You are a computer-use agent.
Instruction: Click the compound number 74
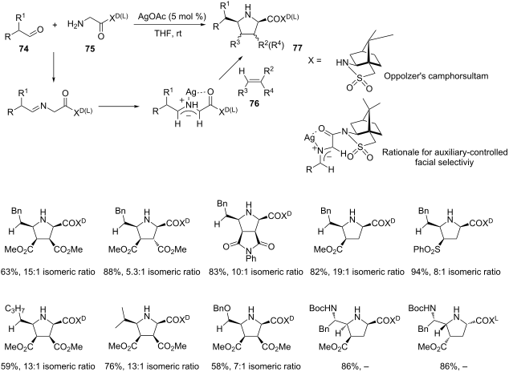(x=24, y=49)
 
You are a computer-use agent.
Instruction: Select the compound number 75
(x=90, y=49)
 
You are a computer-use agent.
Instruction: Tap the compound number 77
(x=297, y=48)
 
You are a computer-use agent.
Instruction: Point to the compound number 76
(x=254, y=104)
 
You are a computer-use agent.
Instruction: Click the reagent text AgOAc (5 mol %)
(x=170, y=17)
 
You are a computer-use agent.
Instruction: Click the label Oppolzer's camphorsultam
(x=436, y=76)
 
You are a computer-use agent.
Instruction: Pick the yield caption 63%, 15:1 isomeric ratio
(x=48, y=272)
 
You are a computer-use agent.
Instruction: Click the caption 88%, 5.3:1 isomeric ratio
(x=153, y=272)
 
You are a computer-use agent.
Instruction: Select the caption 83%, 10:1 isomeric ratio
(x=256, y=272)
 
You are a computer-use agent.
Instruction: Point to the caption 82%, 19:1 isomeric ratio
(x=357, y=272)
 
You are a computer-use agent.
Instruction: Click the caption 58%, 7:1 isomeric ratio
(x=254, y=366)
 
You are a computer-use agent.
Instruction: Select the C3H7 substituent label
(x=15, y=309)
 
